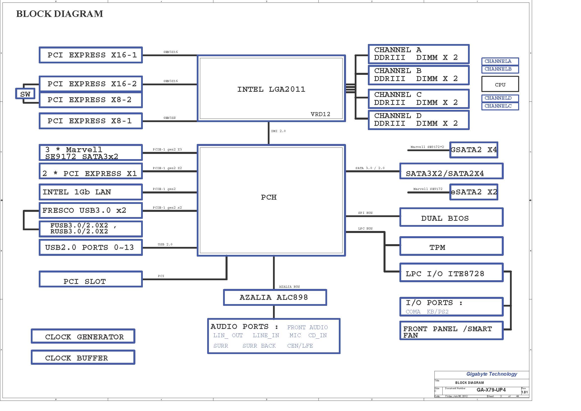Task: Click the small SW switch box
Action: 25,94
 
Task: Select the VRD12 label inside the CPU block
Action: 320,114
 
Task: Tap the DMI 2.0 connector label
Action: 278,131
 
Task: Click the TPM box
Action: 451,246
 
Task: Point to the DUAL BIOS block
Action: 451,218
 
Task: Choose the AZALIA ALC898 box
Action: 275,297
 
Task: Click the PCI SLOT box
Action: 91,279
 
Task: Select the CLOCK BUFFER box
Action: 83,358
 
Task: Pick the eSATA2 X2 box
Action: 473,192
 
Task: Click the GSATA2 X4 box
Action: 473,150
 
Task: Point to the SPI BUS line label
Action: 365,213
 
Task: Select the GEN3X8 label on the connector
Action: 169,118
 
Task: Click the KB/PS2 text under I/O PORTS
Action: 437,312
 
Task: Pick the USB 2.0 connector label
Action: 165,244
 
